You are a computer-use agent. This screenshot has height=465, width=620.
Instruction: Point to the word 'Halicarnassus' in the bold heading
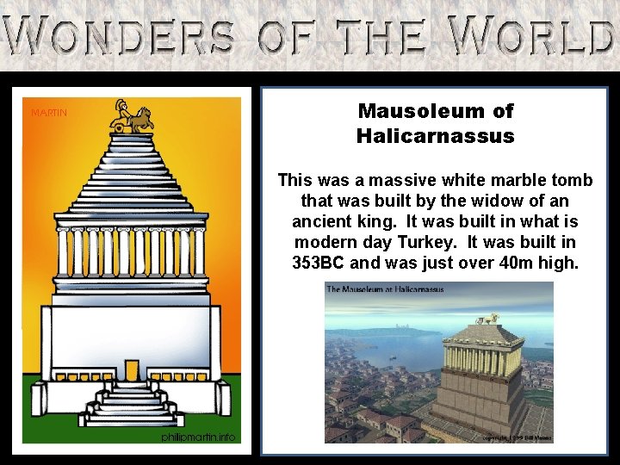tap(435, 136)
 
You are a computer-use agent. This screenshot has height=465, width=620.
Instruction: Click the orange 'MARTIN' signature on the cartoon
tap(49, 113)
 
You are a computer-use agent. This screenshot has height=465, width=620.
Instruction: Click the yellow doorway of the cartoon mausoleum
tap(131, 370)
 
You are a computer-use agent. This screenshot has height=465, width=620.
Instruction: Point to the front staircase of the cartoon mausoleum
tap(131, 406)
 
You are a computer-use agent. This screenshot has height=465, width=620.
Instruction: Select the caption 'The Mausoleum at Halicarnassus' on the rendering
tap(385, 289)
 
